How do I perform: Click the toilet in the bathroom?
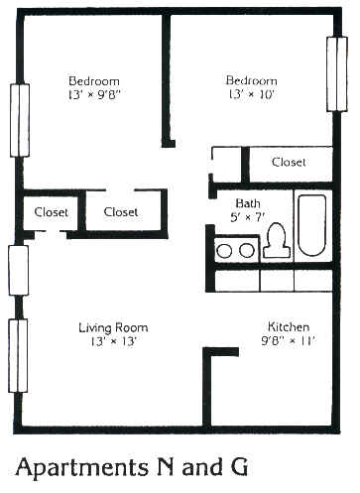click(277, 241)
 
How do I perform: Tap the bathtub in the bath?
click(312, 225)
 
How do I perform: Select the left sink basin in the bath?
click(224, 251)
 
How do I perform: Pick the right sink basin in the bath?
click(247, 251)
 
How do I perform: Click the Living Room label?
click(113, 327)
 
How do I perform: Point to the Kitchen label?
click(289, 326)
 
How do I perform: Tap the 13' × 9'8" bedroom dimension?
click(93, 95)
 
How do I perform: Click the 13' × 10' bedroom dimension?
click(252, 94)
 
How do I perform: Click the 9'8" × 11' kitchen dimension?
click(289, 340)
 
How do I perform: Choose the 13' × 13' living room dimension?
click(113, 341)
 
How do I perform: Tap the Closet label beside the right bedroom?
click(289, 162)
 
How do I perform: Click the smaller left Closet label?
click(51, 212)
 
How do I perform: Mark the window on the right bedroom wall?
click(337, 74)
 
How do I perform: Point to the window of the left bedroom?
click(20, 120)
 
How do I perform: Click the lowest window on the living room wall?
click(18, 356)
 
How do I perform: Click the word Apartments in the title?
click(82, 467)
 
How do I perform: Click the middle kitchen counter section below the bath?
click(277, 281)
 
